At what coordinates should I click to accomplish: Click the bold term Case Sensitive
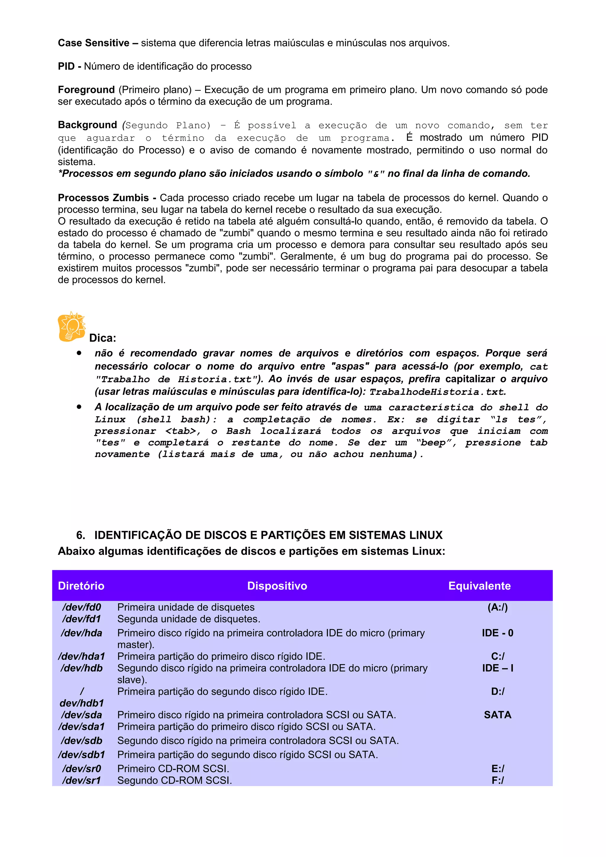(93, 43)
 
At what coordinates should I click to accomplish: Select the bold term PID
(66, 67)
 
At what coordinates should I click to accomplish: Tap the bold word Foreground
(86, 90)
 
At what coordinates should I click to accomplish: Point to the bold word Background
(87, 125)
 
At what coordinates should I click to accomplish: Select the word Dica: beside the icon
(103, 338)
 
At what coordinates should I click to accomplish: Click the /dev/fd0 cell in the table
(81, 607)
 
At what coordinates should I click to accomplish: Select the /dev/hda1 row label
(81, 656)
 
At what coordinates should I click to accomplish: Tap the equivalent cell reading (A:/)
(497, 607)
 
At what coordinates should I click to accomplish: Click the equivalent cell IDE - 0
(497, 633)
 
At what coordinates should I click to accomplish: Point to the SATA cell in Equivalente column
(497, 715)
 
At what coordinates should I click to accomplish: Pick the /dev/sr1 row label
(81, 780)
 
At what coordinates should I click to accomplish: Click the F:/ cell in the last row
(497, 780)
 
